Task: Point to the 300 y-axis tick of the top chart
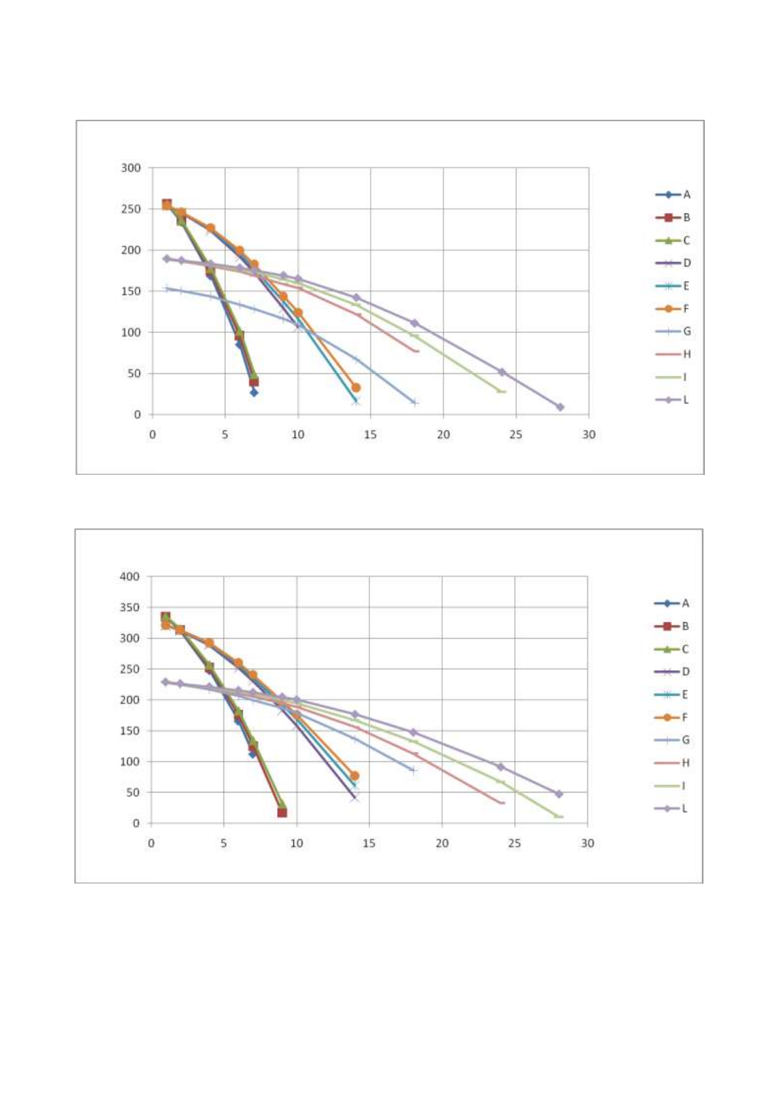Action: [x=131, y=168]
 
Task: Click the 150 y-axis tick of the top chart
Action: [x=131, y=291]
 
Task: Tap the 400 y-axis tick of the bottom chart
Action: [x=130, y=577]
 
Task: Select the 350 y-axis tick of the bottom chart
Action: [x=130, y=608]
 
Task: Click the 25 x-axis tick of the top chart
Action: [x=516, y=435]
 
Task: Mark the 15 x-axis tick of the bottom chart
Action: [x=369, y=844]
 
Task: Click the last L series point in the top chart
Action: [x=560, y=407]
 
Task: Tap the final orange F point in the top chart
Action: [x=356, y=388]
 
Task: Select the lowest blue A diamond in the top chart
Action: [x=253, y=392]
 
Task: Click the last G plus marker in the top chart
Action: [x=415, y=403]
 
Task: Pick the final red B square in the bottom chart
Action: [x=282, y=812]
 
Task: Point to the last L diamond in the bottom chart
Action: [x=559, y=794]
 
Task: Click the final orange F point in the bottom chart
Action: [x=354, y=776]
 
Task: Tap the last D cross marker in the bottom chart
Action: [x=354, y=798]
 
